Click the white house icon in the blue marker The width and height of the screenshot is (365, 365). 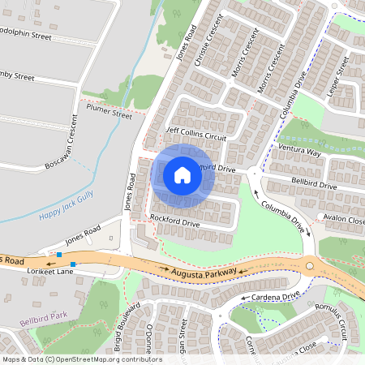tap(182, 174)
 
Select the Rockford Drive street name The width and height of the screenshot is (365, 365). tap(174, 221)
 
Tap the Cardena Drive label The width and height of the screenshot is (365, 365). tap(271, 295)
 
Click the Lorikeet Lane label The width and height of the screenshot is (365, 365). tap(51, 271)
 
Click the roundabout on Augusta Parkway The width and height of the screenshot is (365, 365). tap(309, 266)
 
